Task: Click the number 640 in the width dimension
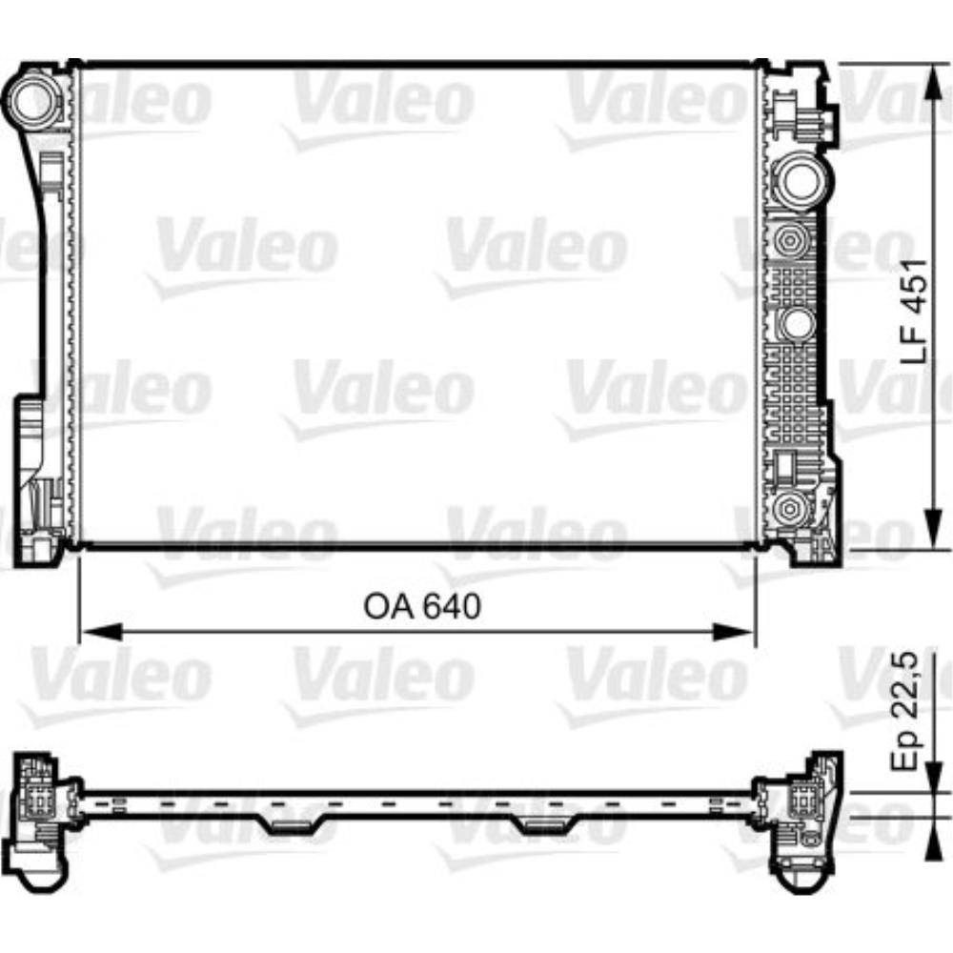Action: point(449,607)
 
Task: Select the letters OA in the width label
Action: point(389,607)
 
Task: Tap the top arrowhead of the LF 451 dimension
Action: point(930,80)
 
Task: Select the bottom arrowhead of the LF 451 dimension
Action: point(930,534)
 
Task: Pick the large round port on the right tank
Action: point(799,178)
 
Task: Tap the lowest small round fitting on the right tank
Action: point(790,509)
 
